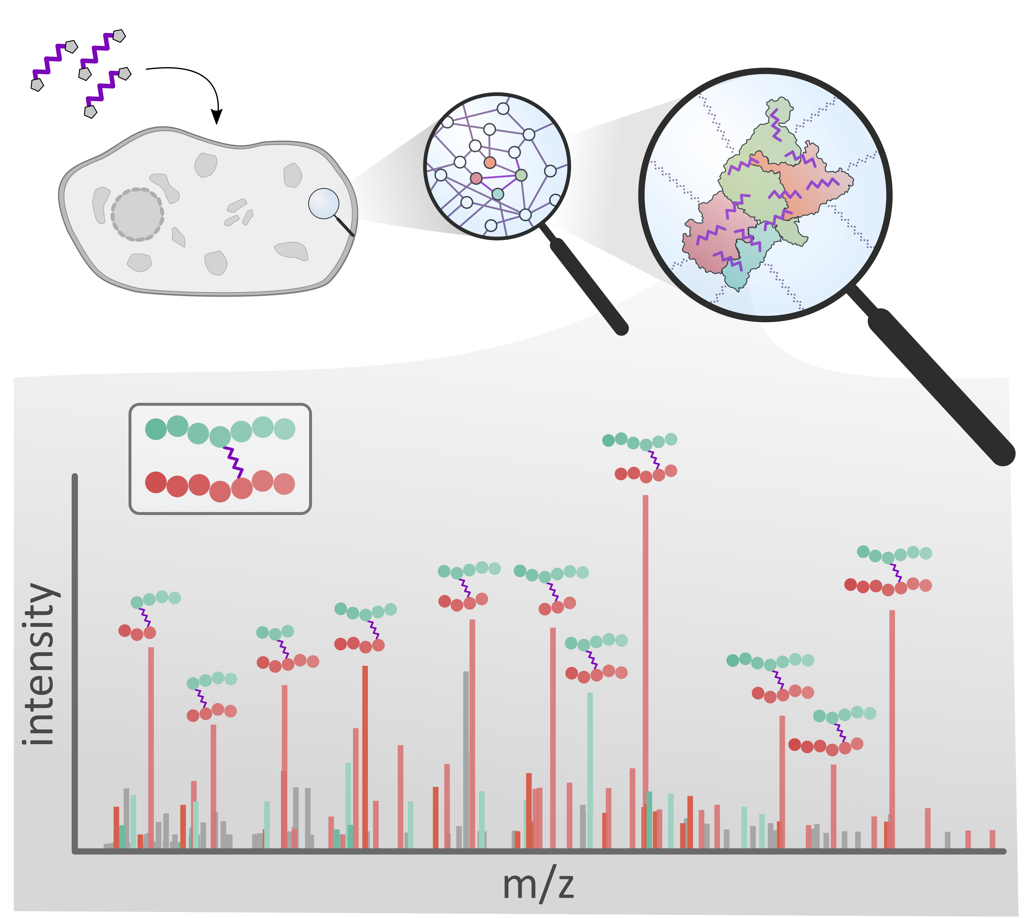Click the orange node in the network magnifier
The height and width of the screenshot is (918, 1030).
point(489,162)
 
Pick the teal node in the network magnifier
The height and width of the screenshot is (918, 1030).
point(498,194)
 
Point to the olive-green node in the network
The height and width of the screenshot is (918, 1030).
point(521,175)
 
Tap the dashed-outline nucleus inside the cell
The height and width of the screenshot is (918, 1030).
point(137,214)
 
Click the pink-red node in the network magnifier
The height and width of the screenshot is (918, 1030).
point(476,178)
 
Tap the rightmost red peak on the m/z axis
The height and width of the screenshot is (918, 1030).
point(992,840)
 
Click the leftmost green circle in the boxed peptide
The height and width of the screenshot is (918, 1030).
point(156,429)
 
